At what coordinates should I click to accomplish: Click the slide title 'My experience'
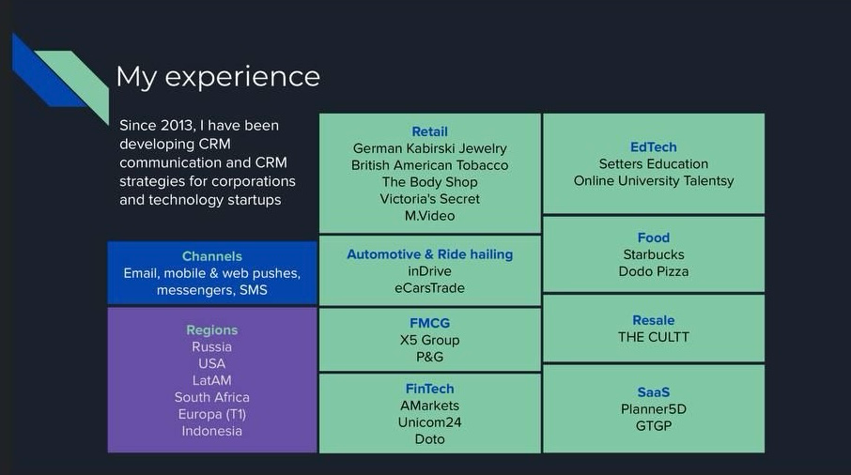coord(218,77)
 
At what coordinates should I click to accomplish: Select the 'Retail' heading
coord(430,131)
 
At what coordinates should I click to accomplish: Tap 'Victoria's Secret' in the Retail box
coord(430,199)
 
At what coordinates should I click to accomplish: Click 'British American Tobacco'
coord(430,165)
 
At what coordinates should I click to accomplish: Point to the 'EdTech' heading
coord(654,147)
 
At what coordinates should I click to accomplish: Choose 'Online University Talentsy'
coord(654,181)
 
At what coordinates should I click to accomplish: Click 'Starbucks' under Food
coord(654,254)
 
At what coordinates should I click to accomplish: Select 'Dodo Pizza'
coord(654,271)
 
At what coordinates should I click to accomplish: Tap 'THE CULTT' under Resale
coord(654,337)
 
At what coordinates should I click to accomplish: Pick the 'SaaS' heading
coord(654,392)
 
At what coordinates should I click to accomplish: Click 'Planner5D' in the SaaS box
coord(654,409)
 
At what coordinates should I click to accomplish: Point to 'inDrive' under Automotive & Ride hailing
coord(430,271)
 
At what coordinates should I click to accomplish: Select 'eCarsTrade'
coord(430,288)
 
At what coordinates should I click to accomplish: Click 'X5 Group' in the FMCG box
coord(430,341)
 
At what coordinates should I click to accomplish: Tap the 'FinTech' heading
coord(430,389)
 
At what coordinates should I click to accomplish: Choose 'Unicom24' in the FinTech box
coord(430,422)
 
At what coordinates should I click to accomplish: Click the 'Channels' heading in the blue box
coord(211,256)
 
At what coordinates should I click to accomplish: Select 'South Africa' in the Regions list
coord(211,397)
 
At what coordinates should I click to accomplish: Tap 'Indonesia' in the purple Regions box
coord(211,431)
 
